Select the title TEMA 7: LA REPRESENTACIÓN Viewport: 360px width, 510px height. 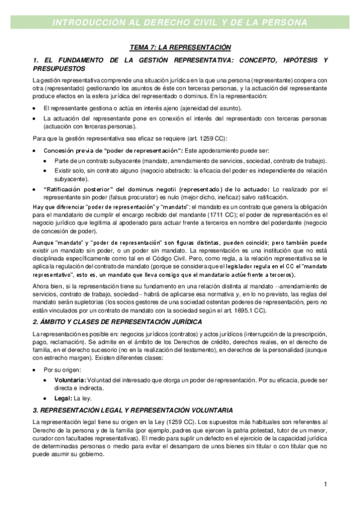[x=180, y=47]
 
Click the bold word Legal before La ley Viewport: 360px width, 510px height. [x=63, y=398]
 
